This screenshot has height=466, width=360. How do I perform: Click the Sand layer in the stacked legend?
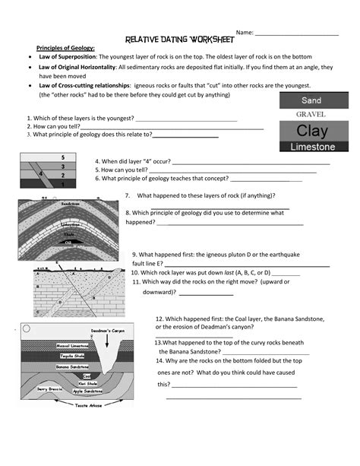pos(311,100)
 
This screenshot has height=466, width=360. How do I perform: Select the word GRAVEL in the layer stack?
pos(311,114)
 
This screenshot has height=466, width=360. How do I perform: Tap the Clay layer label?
pos(311,130)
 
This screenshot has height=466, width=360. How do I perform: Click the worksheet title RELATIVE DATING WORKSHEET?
pos(178,39)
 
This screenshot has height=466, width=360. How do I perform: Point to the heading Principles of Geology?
pos(65,48)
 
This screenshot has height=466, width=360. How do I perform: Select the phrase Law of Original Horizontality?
pos(77,67)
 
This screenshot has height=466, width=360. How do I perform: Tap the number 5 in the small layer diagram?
pos(63,157)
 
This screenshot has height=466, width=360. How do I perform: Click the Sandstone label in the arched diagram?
pos(70,204)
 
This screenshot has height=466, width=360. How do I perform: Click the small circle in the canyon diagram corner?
pos(27,329)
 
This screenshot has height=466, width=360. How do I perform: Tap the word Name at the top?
pos(244,33)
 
